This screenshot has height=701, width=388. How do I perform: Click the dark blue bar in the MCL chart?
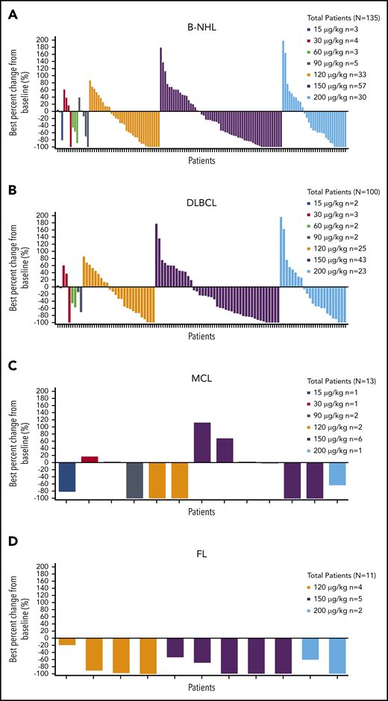[x=67, y=477]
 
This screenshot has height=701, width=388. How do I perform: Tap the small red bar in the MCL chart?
[x=90, y=459]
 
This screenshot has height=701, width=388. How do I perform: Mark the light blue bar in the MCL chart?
[x=337, y=474]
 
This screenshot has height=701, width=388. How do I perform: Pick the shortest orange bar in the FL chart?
[x=67, y=641]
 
